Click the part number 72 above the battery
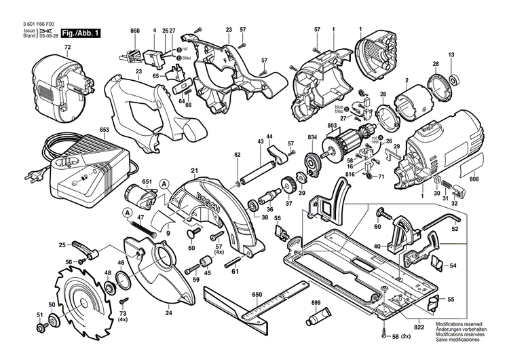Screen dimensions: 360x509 pos(67,47)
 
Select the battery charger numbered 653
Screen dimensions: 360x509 pos(88,163)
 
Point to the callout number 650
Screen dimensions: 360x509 pos(257,295)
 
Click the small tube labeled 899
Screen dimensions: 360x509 pos(318,316)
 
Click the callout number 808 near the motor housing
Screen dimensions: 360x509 pos(473,179)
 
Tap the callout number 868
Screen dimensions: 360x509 pos(134,31)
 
